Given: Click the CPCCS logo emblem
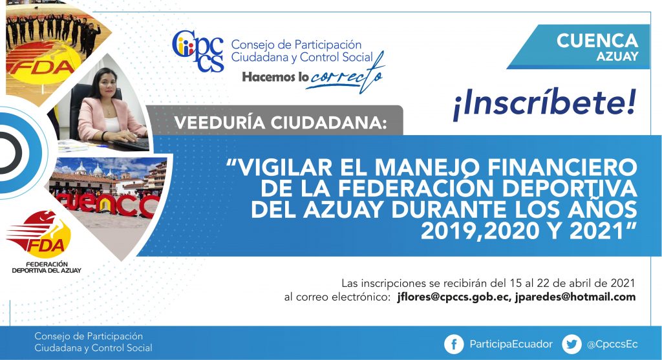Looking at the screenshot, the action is coord(198,51).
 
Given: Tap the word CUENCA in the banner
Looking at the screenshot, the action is coord(597,41).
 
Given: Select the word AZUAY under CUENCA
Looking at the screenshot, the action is coord(617,57).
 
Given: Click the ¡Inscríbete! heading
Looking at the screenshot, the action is coord(544,104).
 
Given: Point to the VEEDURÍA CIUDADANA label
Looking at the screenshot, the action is coord(281,123).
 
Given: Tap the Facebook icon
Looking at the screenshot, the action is coord(454,344).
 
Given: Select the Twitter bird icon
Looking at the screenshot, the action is coord(571,344).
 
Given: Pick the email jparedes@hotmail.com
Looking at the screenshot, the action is coord(575,297).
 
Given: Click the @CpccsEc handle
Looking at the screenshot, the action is coord(612,344).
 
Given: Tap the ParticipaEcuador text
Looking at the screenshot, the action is coord(511,344).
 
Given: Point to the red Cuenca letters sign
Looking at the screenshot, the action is coord(109,205).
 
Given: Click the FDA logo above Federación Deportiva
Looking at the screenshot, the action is coord(38,234).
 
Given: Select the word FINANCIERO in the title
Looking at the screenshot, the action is coord(562,167).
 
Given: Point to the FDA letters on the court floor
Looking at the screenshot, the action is coord(41,67).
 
